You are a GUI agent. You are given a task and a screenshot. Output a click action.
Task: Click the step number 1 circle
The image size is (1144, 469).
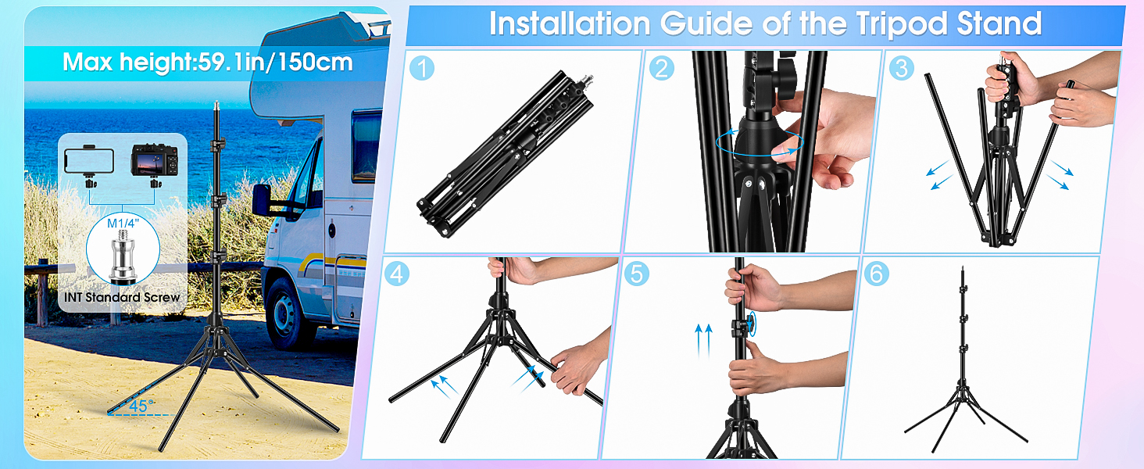point(422,68)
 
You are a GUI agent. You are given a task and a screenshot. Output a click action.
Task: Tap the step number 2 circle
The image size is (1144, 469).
point(662,68)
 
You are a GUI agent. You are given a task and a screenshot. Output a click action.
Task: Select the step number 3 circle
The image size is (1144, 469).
point(902,68)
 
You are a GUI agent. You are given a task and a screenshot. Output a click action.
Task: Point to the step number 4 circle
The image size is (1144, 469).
point(397,274)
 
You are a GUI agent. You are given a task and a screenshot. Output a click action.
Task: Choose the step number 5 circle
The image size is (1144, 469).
point(636,274)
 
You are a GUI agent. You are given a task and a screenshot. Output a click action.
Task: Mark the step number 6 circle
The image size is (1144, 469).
point(877,274)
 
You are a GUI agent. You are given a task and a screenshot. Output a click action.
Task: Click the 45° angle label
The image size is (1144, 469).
point(141,406)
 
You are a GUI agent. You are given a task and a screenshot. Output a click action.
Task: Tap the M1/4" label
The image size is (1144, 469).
point(123,224)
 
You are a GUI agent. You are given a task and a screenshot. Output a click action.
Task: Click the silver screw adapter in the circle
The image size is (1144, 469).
point(123,254)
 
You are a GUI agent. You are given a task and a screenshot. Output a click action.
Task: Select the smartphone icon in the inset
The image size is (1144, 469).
point(89,161)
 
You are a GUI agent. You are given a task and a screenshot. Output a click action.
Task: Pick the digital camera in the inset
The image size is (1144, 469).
point(154,160)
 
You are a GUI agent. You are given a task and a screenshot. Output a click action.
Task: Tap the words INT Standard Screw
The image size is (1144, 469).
point(122,297)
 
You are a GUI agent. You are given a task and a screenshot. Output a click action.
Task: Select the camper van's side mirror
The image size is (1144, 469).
point(262,200)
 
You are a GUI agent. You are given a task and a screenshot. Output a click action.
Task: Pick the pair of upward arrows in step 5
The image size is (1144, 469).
point(703,340)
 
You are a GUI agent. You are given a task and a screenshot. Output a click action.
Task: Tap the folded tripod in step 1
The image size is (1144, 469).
point(506,153)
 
